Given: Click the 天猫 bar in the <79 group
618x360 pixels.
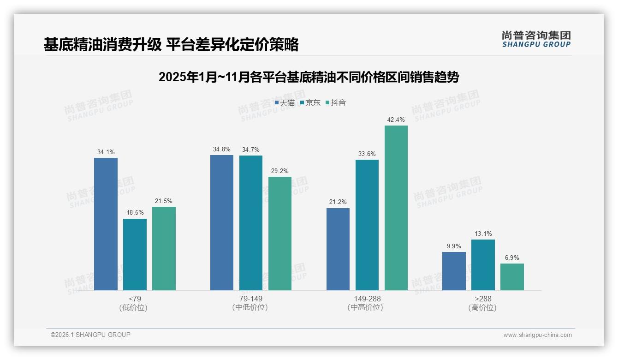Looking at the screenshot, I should [x=106, y=224].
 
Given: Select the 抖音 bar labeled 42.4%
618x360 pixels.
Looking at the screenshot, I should [x=396, y=208].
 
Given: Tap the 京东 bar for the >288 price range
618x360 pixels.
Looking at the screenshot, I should [x=483, y=264].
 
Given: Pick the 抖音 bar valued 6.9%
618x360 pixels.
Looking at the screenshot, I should [x=512, y=276].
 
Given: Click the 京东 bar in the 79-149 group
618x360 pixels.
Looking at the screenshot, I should [x=250, y=222].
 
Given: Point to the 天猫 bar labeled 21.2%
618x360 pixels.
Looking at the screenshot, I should [x=338, y=249].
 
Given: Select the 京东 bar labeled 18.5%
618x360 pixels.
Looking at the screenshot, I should [x=135, y=254].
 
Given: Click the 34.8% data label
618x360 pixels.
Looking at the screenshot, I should [x=222, y=150].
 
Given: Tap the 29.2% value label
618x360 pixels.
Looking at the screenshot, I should [x=280, y=171].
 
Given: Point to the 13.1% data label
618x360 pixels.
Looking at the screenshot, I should [x=483, y=234].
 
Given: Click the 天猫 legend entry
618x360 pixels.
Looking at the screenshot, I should [x=285, y=103].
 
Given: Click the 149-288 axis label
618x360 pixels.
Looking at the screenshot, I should [x=367, y=299].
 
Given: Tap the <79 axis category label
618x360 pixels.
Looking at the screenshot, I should [x=135, y=299].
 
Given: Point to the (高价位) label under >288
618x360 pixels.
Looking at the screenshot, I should [x=483, y=307].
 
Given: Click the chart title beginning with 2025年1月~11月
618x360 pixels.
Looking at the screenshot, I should [x=309, y=77].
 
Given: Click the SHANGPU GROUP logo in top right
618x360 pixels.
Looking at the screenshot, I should [x=536, y=39].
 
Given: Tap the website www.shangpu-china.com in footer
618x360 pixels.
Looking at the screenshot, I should [x=537, y=335].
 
